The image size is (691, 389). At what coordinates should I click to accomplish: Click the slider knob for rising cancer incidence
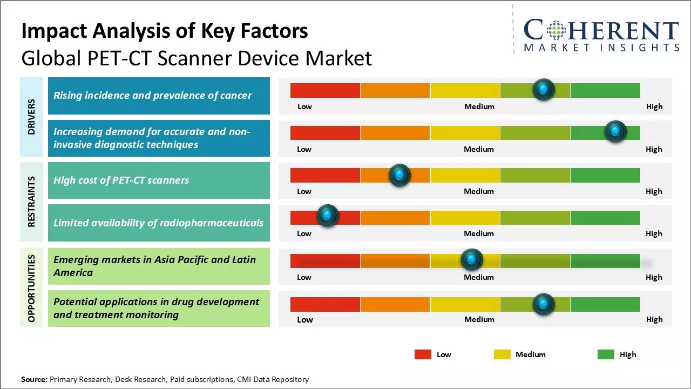544,90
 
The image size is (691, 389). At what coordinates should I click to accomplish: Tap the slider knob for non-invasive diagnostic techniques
615,131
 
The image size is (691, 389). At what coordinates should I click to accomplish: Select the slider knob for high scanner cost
399,175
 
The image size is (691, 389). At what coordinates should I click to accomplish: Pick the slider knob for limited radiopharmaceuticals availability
327,216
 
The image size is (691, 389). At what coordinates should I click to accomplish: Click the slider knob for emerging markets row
472,260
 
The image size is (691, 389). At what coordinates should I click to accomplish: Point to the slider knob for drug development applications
544,304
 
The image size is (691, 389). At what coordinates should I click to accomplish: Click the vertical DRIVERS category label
31,117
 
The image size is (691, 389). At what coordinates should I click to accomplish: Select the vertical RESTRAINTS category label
31,202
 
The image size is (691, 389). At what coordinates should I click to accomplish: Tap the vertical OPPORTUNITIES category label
31,289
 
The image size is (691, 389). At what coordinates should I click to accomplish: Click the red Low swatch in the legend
423,354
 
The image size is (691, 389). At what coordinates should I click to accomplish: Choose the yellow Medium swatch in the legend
502,354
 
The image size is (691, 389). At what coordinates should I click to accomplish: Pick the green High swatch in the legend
606,354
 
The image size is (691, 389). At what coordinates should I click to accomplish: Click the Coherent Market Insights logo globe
557,31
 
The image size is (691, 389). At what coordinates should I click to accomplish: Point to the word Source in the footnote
34,379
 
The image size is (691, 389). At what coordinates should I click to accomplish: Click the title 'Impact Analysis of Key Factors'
165,31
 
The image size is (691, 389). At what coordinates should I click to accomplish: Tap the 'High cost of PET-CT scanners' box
159,180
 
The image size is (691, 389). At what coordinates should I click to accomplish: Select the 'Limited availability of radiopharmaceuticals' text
159,223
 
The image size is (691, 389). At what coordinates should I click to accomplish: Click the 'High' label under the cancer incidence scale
654,106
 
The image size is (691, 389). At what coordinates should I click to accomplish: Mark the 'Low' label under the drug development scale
304,319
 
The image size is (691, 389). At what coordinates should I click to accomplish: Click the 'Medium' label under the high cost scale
479,191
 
